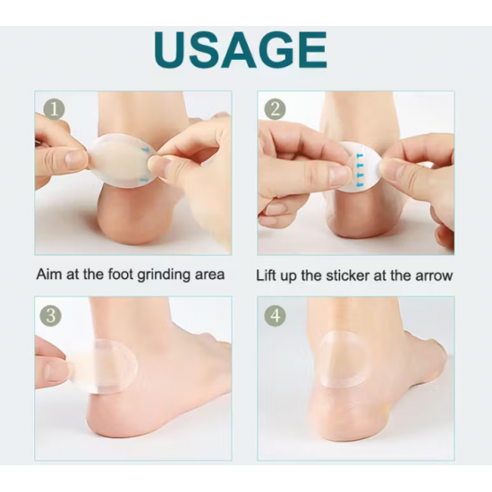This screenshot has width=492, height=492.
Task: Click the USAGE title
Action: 241,49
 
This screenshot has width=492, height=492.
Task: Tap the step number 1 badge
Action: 54,109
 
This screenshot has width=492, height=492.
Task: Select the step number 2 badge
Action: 275,109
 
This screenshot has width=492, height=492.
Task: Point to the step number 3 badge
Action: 51,316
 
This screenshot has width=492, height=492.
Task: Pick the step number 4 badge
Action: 275,316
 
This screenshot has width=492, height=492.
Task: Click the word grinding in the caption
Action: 164,276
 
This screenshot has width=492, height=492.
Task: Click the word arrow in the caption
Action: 434,276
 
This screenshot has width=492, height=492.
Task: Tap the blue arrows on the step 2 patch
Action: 360,168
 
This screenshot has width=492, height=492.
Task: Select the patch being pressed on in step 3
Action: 104,366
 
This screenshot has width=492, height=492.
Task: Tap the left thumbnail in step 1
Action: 75,159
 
